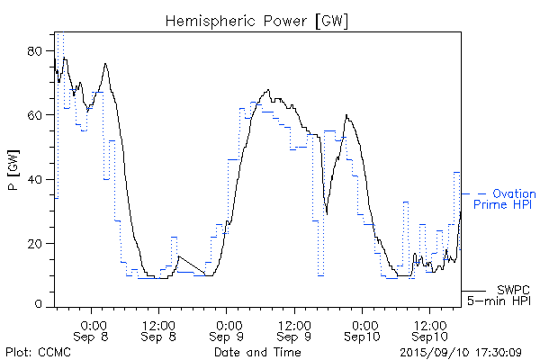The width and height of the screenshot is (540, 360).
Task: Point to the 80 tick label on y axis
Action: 37,51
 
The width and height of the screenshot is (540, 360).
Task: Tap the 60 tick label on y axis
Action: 37,115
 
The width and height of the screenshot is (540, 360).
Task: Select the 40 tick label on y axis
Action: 37,179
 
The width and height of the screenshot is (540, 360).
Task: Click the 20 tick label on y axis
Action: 37,243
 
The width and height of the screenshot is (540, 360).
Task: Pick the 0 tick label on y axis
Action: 40,306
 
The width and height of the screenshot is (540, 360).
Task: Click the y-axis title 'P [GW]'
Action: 13,177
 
